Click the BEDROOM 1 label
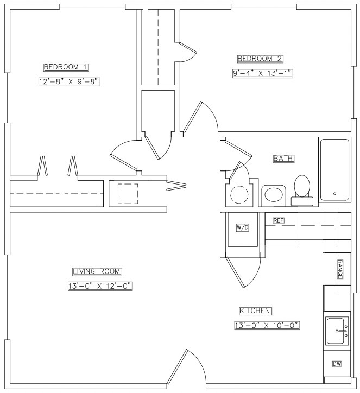point(66,67)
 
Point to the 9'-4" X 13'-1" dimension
point(262,73)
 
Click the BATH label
point(283,159)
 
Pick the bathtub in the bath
point(334,170)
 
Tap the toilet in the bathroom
point(302,190)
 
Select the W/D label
point(242,227)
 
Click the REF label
point(278,220)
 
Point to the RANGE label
point(340,269)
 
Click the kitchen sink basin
point(338,331)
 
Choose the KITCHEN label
point(255,311)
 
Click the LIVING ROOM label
point(97,271)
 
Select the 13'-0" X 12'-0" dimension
point(101,286)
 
